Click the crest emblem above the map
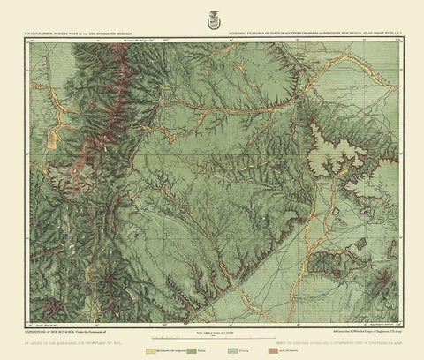212,15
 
